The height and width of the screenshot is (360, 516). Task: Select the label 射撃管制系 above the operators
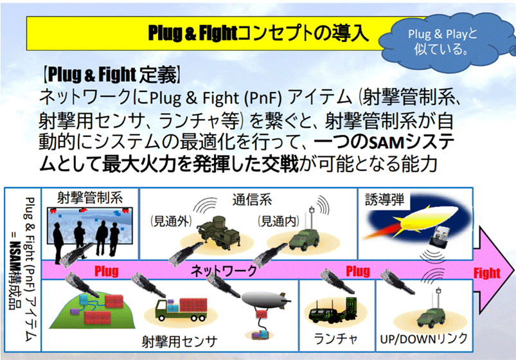point(90,197)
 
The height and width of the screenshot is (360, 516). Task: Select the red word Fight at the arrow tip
point(486,272)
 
